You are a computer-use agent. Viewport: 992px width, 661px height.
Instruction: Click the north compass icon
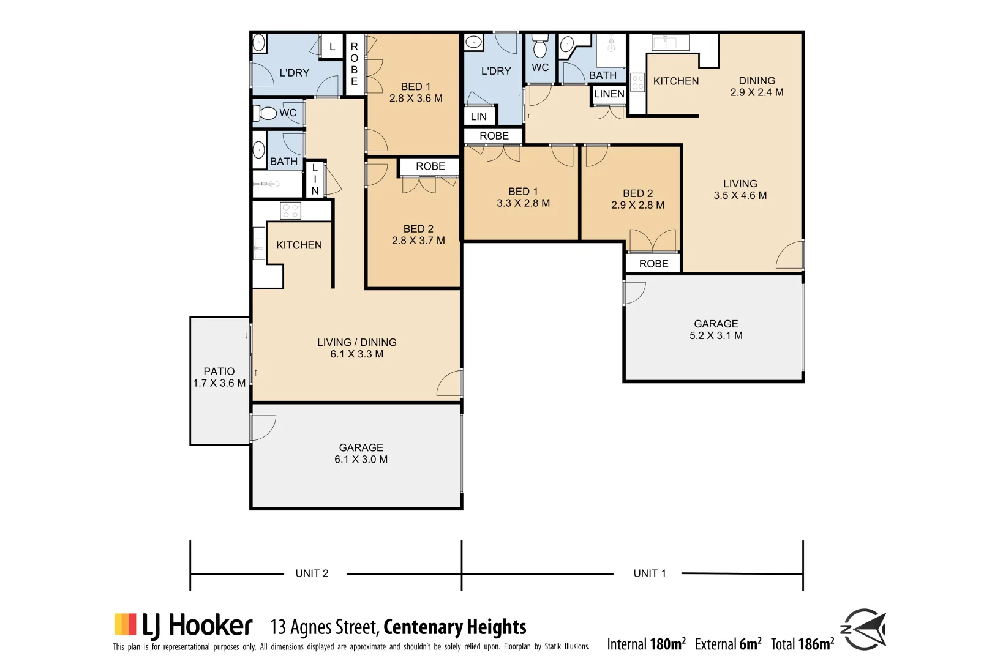864,629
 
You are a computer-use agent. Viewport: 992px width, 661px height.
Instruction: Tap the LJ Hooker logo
183,626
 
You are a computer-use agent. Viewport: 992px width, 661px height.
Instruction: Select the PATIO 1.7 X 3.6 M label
219,377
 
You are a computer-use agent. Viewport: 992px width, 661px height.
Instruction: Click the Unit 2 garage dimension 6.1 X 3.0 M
361,460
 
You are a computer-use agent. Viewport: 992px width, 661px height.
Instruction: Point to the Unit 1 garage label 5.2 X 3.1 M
716,335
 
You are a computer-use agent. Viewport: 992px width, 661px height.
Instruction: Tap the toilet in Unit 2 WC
267,113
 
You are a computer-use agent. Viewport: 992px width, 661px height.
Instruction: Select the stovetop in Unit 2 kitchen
290,211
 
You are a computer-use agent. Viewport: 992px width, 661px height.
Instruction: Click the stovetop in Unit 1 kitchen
637,83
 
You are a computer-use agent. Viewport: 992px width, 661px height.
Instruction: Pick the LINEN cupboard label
609,94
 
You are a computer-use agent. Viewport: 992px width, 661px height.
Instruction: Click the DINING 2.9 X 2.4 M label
757,86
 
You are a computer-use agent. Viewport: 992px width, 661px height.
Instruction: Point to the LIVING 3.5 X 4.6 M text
740,190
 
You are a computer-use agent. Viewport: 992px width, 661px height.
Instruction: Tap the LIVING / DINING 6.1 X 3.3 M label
356,348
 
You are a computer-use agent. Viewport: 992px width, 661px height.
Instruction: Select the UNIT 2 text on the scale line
312,573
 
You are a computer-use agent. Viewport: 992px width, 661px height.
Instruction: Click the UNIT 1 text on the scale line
649,573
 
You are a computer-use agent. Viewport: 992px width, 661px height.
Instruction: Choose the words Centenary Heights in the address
455,627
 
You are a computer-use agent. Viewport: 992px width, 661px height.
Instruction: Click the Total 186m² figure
802,644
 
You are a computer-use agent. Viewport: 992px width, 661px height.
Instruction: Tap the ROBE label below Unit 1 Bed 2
653,264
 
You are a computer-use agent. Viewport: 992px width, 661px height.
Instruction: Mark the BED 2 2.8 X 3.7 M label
418,234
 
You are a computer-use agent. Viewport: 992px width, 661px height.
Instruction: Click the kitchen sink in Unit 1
671,43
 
